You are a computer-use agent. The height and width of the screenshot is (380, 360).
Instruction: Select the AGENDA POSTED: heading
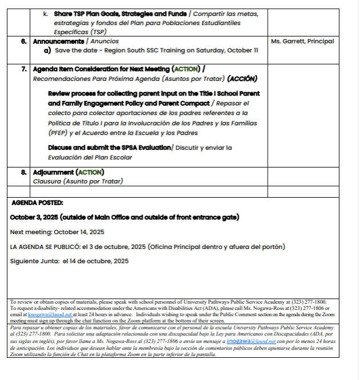pyautogui.click(x=37, y=202)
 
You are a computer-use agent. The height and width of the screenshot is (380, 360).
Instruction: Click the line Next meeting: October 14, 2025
pyautogui.click(x=57, y=232)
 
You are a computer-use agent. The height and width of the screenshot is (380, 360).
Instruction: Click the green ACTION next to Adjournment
pyautogui.click(x=90, y=172)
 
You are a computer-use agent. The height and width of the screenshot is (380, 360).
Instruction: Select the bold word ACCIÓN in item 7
pyautogui.click(x=242, y=79)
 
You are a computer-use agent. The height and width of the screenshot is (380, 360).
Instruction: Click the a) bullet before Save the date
pyautogui.click(x=48, y=51)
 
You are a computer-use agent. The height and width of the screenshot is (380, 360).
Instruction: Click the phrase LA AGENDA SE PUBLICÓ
pyautogui.click(x=44, y=247)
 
